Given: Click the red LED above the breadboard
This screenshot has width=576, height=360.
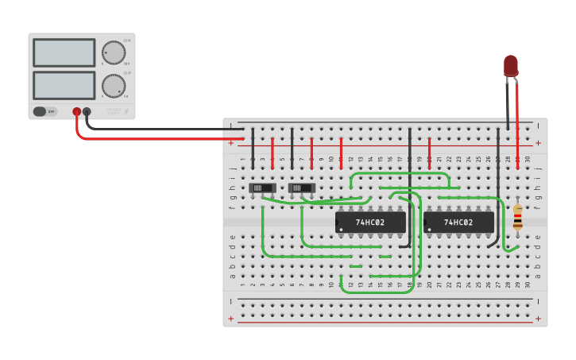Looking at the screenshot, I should pyautogui.click(x=510, y=66).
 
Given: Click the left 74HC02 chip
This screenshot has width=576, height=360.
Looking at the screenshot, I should pyautogui.click(x=370, y=223).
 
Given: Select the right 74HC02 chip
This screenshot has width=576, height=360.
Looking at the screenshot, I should pyautogui.click(x=458, y=223).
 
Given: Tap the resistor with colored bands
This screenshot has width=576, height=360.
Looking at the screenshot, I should pyautogui.click(x=517, y=217).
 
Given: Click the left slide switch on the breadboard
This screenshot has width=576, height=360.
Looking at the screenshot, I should pyautogui.click(x=262, y=188).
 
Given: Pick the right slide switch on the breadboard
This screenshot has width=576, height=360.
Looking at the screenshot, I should pyautogui.click(x=302, y=188).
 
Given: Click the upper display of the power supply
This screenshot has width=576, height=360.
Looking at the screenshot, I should pyautogui.click(x=64, y=53).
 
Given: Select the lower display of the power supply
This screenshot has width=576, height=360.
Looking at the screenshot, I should pyautogui.click(x=64, y=85).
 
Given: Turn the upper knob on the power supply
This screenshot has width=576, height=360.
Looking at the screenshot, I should pyautogui.click(x=114, y=52).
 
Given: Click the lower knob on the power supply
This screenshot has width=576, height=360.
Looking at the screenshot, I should pyautogui.click(x=114, y=85).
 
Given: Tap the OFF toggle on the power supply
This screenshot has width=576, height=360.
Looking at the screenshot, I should pyautogui.click(x=45, y=111).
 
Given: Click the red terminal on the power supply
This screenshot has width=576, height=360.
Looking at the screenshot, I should pyautogui.click(x=76, y=112).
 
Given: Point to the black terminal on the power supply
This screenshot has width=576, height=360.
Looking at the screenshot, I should pyautogui.click(x=87, y=112).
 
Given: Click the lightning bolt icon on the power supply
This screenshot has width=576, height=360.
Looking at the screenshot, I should pyautogui.click(x=126, y=112).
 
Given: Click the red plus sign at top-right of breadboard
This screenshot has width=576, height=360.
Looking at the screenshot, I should pyautogui.click(x=538, y=143).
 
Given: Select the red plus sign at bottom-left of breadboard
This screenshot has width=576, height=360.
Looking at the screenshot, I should pyautogui.click(x=231, y=319).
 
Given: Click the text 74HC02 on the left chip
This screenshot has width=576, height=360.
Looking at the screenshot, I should pyautogui.click(x=370, y=223).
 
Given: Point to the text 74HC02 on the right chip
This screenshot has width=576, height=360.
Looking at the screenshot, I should pyautogui.click(x=458, y=223).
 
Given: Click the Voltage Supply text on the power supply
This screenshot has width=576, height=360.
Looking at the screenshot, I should pyautogui.click(x=114, y=112).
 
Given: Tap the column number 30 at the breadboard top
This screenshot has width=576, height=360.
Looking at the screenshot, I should pyautogui.click(x=527, y=160).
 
